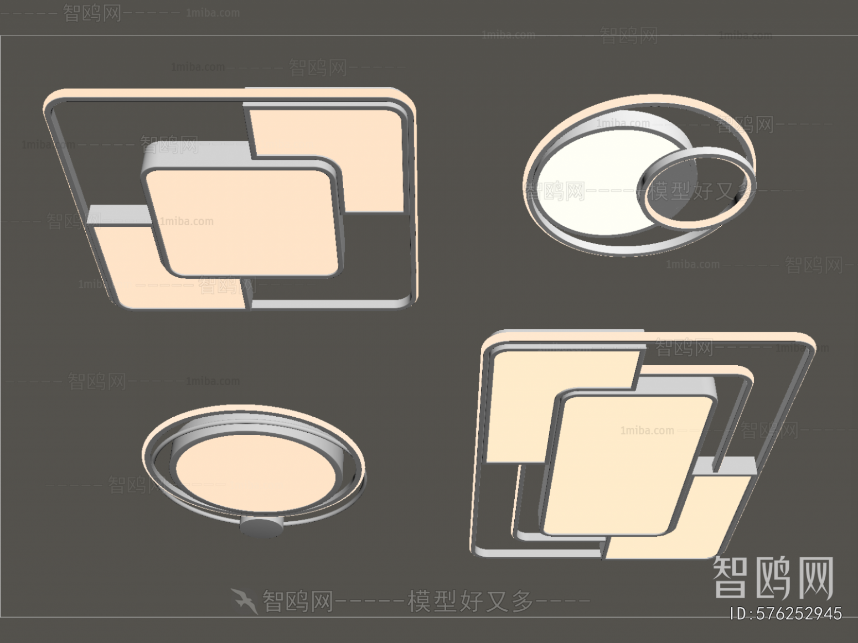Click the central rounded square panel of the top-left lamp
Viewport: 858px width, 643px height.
tap(244, 221)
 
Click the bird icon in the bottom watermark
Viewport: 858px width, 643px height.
tap(244, 601)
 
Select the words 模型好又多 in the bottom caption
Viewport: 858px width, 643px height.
tap(471, 600)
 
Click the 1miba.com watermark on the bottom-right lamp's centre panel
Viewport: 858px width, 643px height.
tap(647, 431)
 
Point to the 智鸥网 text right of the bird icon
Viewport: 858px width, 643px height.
tap(298, 600)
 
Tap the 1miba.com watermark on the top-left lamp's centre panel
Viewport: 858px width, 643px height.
tap(187, 221)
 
